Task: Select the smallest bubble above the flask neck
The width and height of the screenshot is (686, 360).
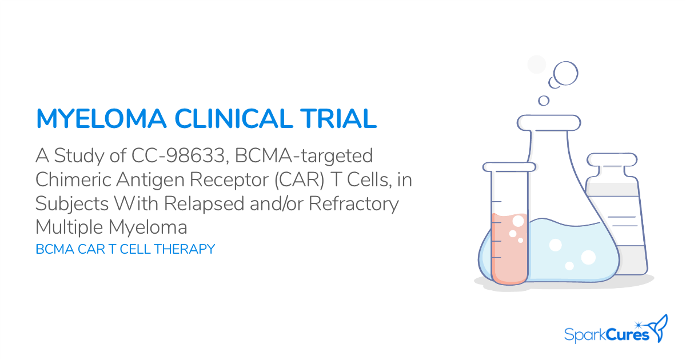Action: (x=544, y=101)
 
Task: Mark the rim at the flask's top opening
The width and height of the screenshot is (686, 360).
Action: (x=549, y=122)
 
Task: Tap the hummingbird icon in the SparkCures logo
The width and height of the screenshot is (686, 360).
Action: (x=660, y=327)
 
